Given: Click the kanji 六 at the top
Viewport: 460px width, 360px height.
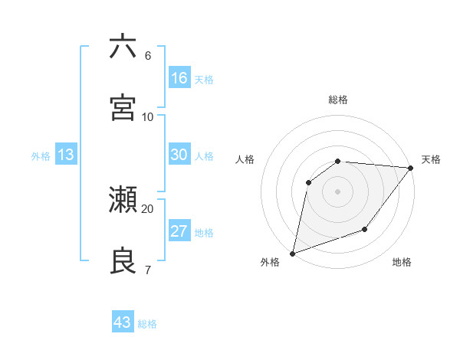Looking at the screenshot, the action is click(123, 47).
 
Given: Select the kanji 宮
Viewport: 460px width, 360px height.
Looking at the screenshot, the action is click(123, 107).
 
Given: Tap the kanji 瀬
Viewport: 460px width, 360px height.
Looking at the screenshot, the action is click(123, 201).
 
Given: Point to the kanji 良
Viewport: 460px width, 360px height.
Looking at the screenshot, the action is click(123, 260).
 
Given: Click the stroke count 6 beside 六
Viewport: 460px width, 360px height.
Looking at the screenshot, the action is click(148, 56).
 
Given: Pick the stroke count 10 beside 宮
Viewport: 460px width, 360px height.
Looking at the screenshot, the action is click(148, 116).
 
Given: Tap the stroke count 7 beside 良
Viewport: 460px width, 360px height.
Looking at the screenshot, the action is click(148, 270).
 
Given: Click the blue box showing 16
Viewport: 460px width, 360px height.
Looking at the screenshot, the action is click(179, 78).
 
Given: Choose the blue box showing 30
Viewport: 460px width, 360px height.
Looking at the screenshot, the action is click(179, 155).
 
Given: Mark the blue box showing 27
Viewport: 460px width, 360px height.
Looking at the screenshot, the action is click(179, 231).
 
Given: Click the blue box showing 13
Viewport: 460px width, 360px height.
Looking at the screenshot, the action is click(65, 155).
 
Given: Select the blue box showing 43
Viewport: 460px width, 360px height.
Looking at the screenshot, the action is click(123, 322).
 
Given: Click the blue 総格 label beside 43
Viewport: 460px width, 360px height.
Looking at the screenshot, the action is click(147, 324).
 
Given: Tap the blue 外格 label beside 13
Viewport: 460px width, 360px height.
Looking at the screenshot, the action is click(41, 156).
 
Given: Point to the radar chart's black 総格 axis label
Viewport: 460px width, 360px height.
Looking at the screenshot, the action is click(338, 100).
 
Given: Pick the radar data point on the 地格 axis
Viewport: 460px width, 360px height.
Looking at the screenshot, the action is click(365, 229).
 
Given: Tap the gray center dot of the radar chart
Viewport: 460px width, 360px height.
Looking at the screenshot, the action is click(337, 191).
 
